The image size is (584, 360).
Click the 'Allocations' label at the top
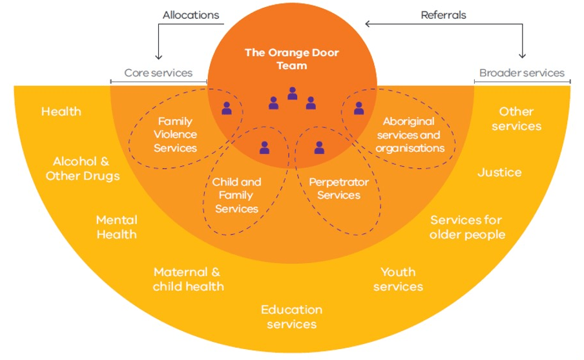click(x=191, y=14)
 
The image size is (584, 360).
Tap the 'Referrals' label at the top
click(x=443, y=14)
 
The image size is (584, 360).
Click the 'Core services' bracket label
click(x=158, y=73)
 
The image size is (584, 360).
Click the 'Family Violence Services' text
click(x=175, y=134)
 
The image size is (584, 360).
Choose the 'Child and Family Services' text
click(x=236, y=195)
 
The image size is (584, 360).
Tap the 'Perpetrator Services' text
click(x=339, y=189)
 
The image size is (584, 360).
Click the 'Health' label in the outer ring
click(x=61, y=111)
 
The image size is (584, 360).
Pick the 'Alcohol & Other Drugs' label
click(x=83, y=169)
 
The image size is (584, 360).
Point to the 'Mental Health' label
click(x=117, y=227)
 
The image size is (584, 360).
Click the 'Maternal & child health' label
click(x=188, y=279)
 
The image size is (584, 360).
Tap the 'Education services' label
click(x=291, y=317)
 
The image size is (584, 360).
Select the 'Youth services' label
click(x=398, y=279)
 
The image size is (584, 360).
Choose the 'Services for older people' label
click(x=467, y=227)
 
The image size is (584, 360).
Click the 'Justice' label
click(x=499, y=173)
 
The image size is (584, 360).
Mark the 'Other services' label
click(x=516, y=119)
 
